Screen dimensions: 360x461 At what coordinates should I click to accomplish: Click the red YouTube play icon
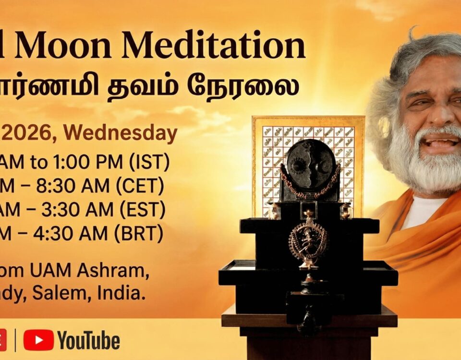click(38, 340)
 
